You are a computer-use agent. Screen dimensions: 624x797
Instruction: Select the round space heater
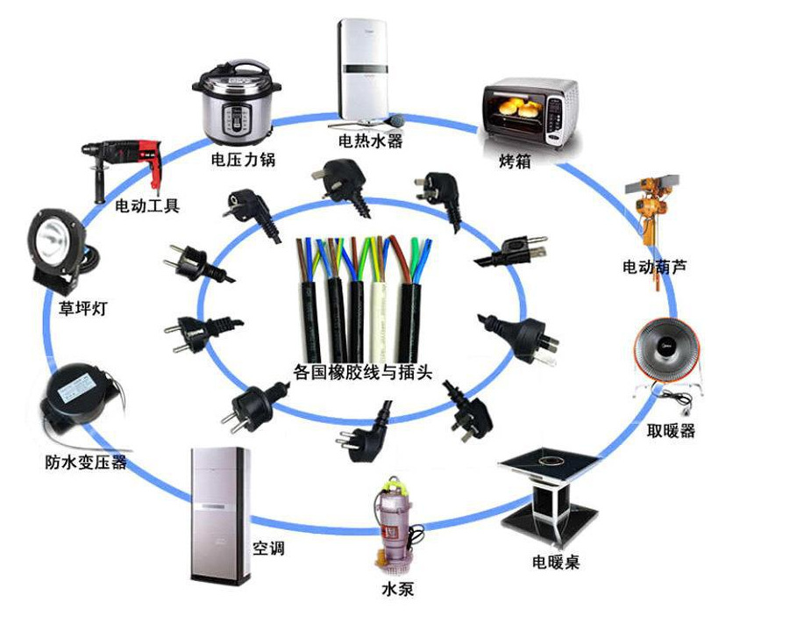click(x=670, y=354)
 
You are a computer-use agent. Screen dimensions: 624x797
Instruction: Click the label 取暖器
click(x=671, y=431)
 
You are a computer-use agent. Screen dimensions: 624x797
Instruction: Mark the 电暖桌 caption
click(x=556, y=561)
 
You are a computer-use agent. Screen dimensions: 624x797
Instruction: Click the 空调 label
click(x=269, y=549)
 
